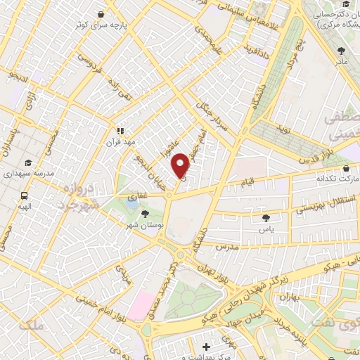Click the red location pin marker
click(181, 165)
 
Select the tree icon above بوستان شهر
click(146, 213)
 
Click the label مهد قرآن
click(120, 143)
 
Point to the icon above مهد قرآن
click(120, 131)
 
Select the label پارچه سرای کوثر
click(103, 25)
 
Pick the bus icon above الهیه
click(25, 196)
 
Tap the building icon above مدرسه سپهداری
click(28, 161)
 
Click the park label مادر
click(341, 62)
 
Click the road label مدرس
click(229, 247)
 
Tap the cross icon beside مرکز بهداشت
click(205, 347)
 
